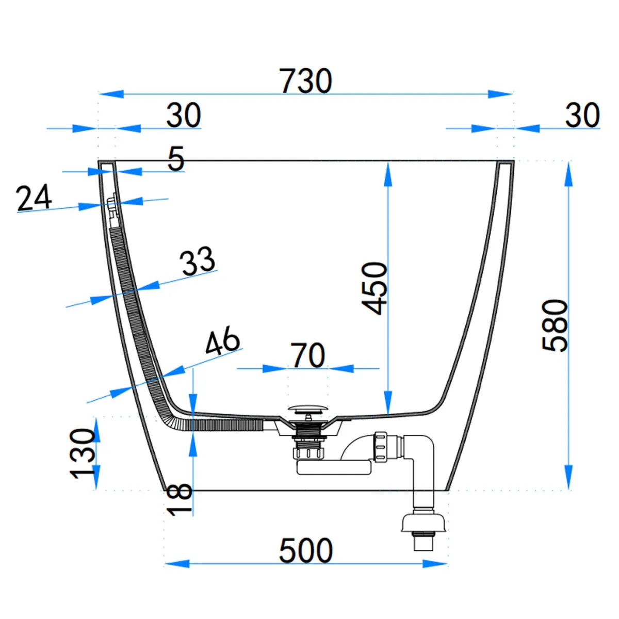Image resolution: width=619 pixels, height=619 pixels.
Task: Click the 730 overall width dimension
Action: (x=306, y=82)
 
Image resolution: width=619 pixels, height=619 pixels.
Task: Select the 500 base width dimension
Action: (x=306, y=550)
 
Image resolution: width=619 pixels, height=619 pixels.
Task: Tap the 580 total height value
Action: (x=556, y=325)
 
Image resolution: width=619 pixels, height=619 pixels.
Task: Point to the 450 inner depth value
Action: (x=374, y=288)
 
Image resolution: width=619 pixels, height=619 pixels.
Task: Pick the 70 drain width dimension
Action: (x=308, y=355)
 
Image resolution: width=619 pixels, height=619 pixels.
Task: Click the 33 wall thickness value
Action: (x=198, y=260)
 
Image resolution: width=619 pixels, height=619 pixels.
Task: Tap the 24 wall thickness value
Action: (x=34, y=198)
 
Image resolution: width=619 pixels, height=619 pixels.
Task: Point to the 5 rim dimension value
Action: (x=176, y=158)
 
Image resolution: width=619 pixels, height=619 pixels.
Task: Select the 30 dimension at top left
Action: (x=184, y=116)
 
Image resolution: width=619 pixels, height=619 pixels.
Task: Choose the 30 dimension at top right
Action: (x=582, y=116)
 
